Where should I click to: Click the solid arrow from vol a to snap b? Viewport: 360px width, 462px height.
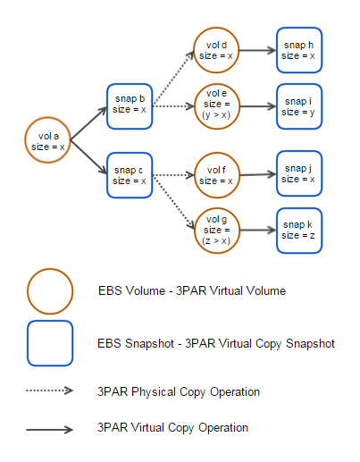[88, 123]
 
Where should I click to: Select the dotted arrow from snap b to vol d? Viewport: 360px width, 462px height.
[173, 78]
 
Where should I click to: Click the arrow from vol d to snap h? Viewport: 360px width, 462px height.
[258, 50]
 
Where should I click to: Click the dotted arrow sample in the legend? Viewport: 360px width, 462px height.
[50, 391]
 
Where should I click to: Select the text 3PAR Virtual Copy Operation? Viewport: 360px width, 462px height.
[172, 428]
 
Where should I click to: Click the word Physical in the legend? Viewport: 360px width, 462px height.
[154, 392]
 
